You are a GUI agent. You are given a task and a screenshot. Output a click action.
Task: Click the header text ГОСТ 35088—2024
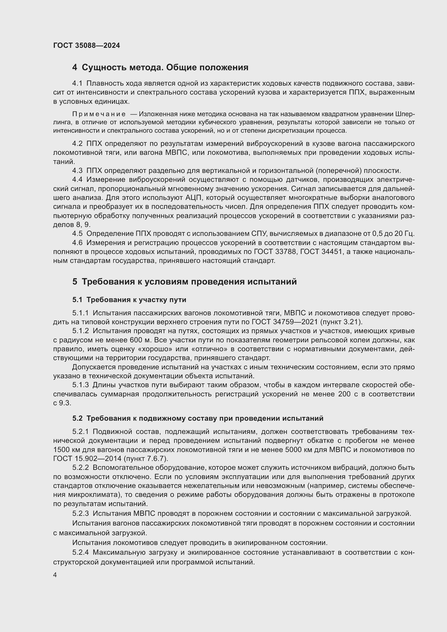(86, 45)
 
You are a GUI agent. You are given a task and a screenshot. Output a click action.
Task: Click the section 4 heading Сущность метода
(160, 68)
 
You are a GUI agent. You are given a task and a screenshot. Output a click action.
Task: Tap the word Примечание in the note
(99, 114)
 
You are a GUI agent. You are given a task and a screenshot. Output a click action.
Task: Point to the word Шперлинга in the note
(405, 114)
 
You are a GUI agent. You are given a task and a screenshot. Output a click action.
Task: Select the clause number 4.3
(77, 171)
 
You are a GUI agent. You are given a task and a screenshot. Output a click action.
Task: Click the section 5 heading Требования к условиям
(184, 282)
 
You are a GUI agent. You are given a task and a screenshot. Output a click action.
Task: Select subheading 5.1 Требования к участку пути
(129, 300)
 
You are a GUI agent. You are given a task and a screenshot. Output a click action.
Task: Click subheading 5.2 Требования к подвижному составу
(198, 418)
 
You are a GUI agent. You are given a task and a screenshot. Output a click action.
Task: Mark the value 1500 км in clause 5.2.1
(65, 450)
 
